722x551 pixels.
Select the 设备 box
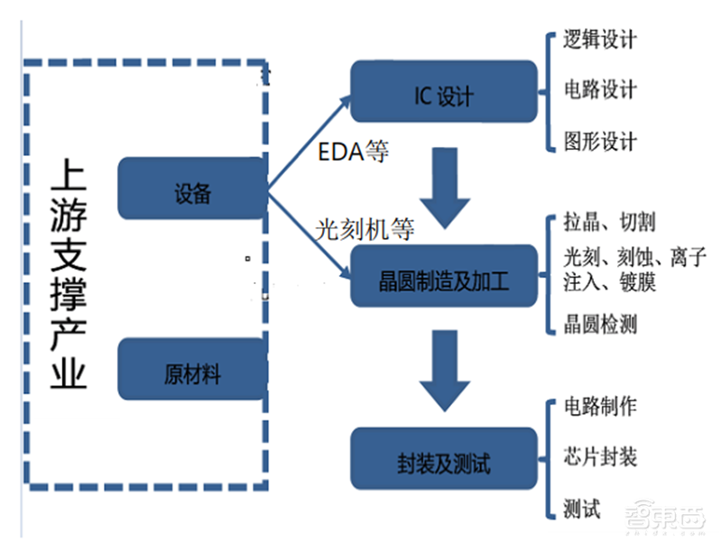(192, 189)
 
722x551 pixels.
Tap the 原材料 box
(192, 371)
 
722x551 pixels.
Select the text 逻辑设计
(600, 40)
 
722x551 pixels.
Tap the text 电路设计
(600, 90)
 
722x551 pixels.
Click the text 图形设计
(600, 142)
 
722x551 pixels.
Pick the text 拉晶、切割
(610, 222)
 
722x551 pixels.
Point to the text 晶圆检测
(600, 325)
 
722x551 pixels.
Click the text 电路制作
(600, 406)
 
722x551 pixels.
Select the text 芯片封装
(600, 456)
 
